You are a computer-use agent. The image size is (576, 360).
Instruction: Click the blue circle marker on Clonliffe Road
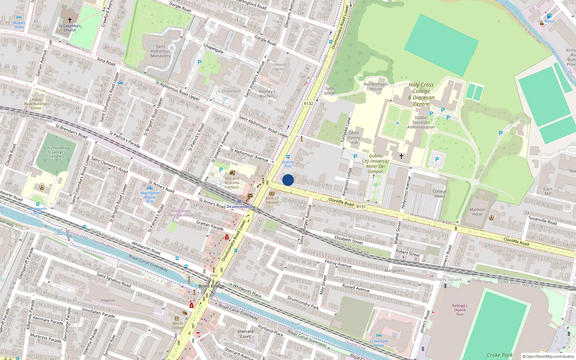coord(288,180)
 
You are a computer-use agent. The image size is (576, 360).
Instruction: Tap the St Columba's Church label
coord(70,28)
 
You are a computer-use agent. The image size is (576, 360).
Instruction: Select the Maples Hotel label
coord(19,25)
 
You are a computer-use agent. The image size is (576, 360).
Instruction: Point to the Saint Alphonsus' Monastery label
coord(161,51)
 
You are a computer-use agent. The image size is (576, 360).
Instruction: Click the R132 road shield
coord(309,103)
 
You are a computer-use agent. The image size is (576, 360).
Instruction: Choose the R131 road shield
coord(361,207)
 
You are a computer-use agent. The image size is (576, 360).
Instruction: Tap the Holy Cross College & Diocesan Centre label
coord(421,94)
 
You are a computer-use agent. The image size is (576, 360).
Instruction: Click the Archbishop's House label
coord(375,86)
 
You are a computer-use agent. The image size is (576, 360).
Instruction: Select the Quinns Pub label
coord(288,164)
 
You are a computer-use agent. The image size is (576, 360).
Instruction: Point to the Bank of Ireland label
coord(272,200)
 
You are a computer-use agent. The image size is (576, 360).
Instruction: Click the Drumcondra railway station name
coord(239,207)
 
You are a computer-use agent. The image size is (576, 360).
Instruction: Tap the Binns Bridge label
coord(211,286)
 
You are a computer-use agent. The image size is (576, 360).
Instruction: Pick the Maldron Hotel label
coord(477,212)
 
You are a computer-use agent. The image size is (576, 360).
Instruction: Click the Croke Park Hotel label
coord(379,343)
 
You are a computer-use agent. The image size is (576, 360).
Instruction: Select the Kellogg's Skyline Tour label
coord(460,310)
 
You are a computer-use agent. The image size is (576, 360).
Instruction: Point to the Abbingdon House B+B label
coord(150,197)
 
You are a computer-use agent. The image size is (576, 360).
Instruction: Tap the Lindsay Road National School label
coord(36,104)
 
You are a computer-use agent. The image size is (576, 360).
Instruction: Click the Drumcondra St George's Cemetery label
coord(57,152)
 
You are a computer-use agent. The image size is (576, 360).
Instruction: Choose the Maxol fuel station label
coord(549,21)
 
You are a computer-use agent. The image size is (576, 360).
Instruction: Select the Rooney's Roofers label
coord(267,94)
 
